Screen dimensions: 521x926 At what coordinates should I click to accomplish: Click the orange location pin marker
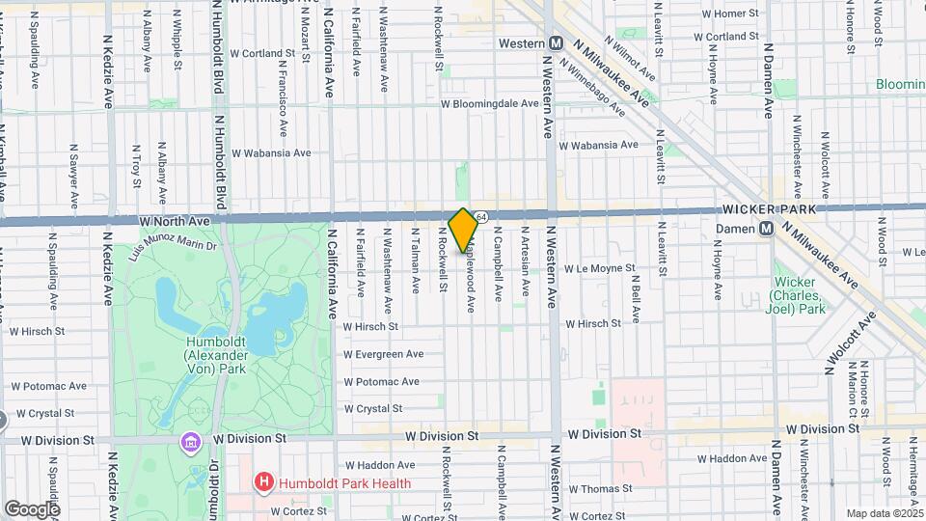[463, 230]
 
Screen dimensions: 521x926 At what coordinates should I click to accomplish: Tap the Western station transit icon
[557, 43]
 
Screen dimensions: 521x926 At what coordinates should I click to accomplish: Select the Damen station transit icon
[766, 229]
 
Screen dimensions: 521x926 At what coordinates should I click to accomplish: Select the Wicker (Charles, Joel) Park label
[800, 296]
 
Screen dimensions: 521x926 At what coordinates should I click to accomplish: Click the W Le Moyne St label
[600, 268]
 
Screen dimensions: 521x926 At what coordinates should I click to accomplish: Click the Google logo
[31, 508]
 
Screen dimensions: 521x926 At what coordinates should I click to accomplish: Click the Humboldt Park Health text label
[344, 483]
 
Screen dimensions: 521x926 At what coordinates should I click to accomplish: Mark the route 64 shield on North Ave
[481, 216]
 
